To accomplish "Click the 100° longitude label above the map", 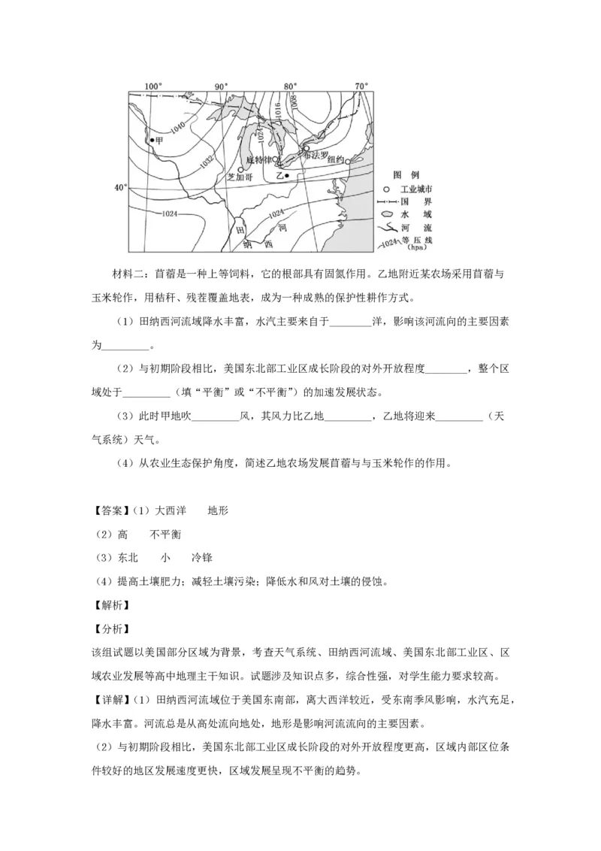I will [153, 86].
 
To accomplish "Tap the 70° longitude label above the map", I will [361, 86].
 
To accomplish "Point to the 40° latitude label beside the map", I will [120, 187].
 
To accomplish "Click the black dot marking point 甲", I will [151, 141].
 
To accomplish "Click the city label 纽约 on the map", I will [336, 160].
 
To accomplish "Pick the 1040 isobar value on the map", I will [178, 129].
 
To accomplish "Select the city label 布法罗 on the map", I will [316, 154].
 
